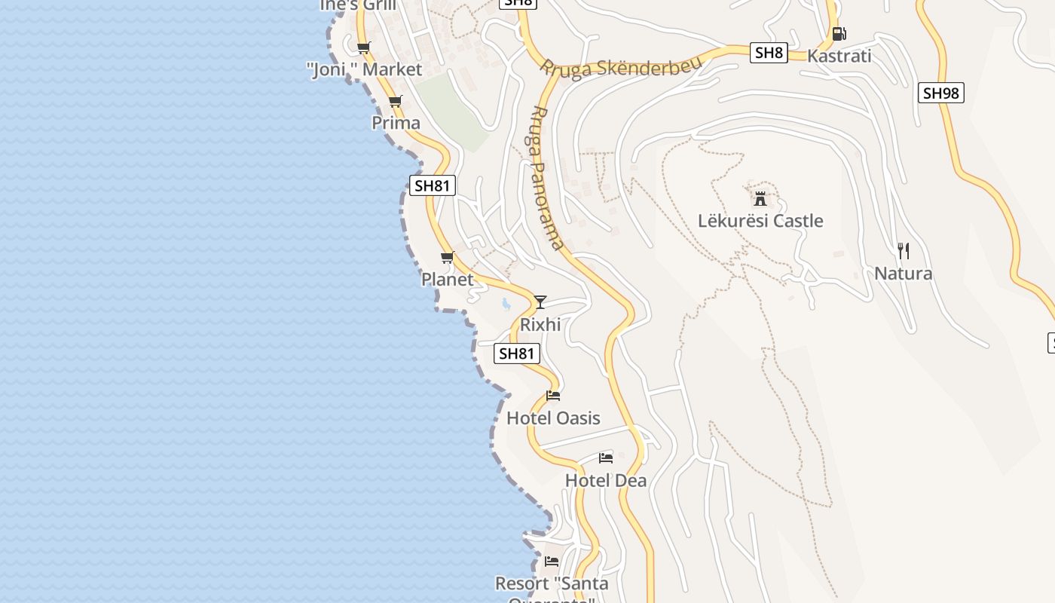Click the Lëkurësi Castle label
760,221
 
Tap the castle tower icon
760,199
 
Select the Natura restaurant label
903,273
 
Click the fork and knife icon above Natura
904,251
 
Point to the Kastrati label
839,56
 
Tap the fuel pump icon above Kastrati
839,33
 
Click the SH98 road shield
941,93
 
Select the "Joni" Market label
364,69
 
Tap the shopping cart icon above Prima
396,101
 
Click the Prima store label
396,122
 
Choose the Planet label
447,279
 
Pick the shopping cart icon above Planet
448,257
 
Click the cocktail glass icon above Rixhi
540,302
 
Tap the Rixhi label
540,324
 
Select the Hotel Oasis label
553,418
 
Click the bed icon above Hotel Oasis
553,396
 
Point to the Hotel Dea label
605,480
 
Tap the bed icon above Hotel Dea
606,458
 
